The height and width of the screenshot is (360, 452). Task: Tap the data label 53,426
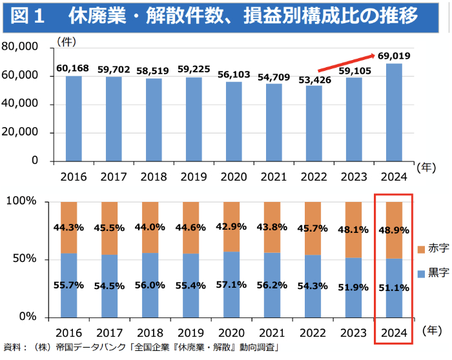314,80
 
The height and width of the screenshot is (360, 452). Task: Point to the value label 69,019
393,56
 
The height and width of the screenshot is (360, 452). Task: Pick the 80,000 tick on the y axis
20,47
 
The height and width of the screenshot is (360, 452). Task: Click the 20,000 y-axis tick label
20,132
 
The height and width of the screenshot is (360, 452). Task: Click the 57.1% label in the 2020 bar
234,284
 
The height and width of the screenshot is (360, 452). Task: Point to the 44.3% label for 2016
74,227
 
